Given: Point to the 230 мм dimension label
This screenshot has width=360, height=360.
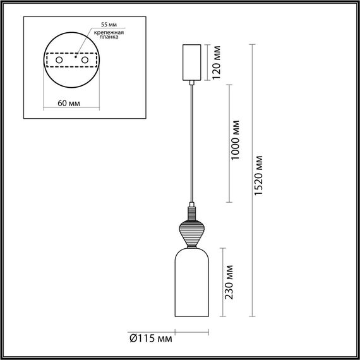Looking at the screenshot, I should pos(231,282).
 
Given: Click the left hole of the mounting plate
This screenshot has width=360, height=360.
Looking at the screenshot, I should pos(60,59).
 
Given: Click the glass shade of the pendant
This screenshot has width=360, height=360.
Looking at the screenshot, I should pos(190,283).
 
